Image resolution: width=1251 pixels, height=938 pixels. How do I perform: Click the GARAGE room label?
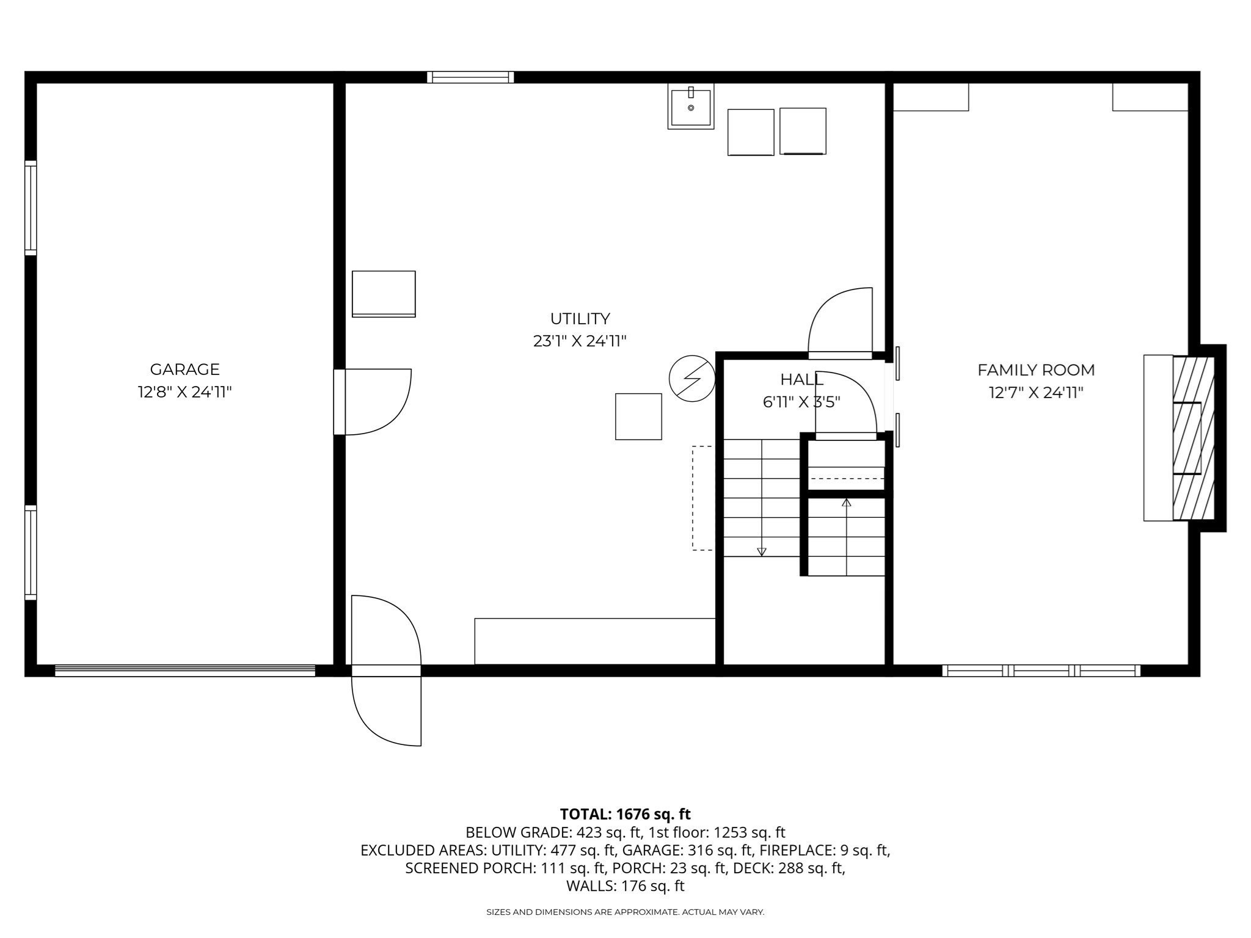pyautogui.click(x=184, y=369)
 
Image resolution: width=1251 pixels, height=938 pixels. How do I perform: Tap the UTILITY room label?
pyautogui.click(x=580, y=319)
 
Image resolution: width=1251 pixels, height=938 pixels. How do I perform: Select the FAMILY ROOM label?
pyautogui.click(x=1036, y=370)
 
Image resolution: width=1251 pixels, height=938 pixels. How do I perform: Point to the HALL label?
pyautogui.click(x=801, y=380)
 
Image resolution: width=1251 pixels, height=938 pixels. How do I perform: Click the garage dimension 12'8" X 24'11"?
pyautogui.click(x=184, y=392)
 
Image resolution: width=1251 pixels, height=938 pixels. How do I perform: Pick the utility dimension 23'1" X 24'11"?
pyautogui.click(x=580, y=341)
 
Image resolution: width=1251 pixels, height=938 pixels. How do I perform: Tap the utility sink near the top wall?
pyautogui.click(x=691, y=107)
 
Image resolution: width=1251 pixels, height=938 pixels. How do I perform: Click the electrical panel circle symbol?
pyautogui.click(x=692, y=379)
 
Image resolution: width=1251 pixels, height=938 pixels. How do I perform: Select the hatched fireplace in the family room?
pyautogui.click(x=1193, y=438)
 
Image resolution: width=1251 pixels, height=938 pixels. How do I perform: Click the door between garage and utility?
pyautogui.click(x=373, y=401)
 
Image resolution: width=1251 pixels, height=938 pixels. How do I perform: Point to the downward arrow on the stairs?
pyautogui.click(x=761, y=551)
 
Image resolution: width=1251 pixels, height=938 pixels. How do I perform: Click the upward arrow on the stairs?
pyautogui.click(x=846, y=503)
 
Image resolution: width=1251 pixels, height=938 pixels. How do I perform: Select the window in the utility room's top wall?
pyautogui.click(x=470, y=77)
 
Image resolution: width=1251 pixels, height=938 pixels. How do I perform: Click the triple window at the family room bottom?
pyautogui.click(x=1041, y=671)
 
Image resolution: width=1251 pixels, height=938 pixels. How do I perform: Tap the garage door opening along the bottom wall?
pyautogui.click(x=185, y=671)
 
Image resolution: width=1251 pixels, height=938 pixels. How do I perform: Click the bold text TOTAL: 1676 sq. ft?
pyautogui.click(x=625, y=814)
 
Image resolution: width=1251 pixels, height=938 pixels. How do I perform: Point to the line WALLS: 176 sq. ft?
pyautogui.click(x=625, y=885)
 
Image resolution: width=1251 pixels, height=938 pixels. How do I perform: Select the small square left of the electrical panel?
pyautogui.click(x=638, y=416)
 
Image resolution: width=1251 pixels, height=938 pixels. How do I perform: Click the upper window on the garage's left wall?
pyautogui.click(x=31, y=208)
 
